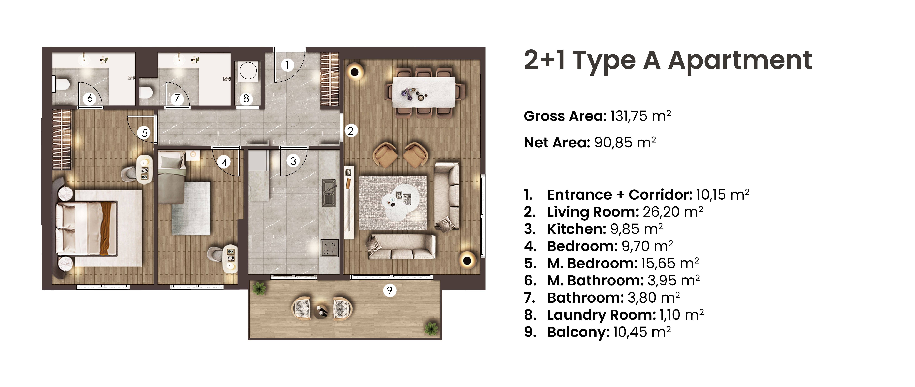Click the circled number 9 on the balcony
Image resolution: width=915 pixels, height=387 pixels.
[390, 291]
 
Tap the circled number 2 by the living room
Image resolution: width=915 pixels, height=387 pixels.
[351, 131]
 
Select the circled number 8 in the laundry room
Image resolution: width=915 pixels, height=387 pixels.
[246, 98]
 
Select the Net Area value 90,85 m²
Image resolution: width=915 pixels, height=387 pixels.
[625, 143]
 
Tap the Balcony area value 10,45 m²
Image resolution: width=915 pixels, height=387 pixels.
[641, 332]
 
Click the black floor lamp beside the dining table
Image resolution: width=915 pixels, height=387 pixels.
[355, 72]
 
